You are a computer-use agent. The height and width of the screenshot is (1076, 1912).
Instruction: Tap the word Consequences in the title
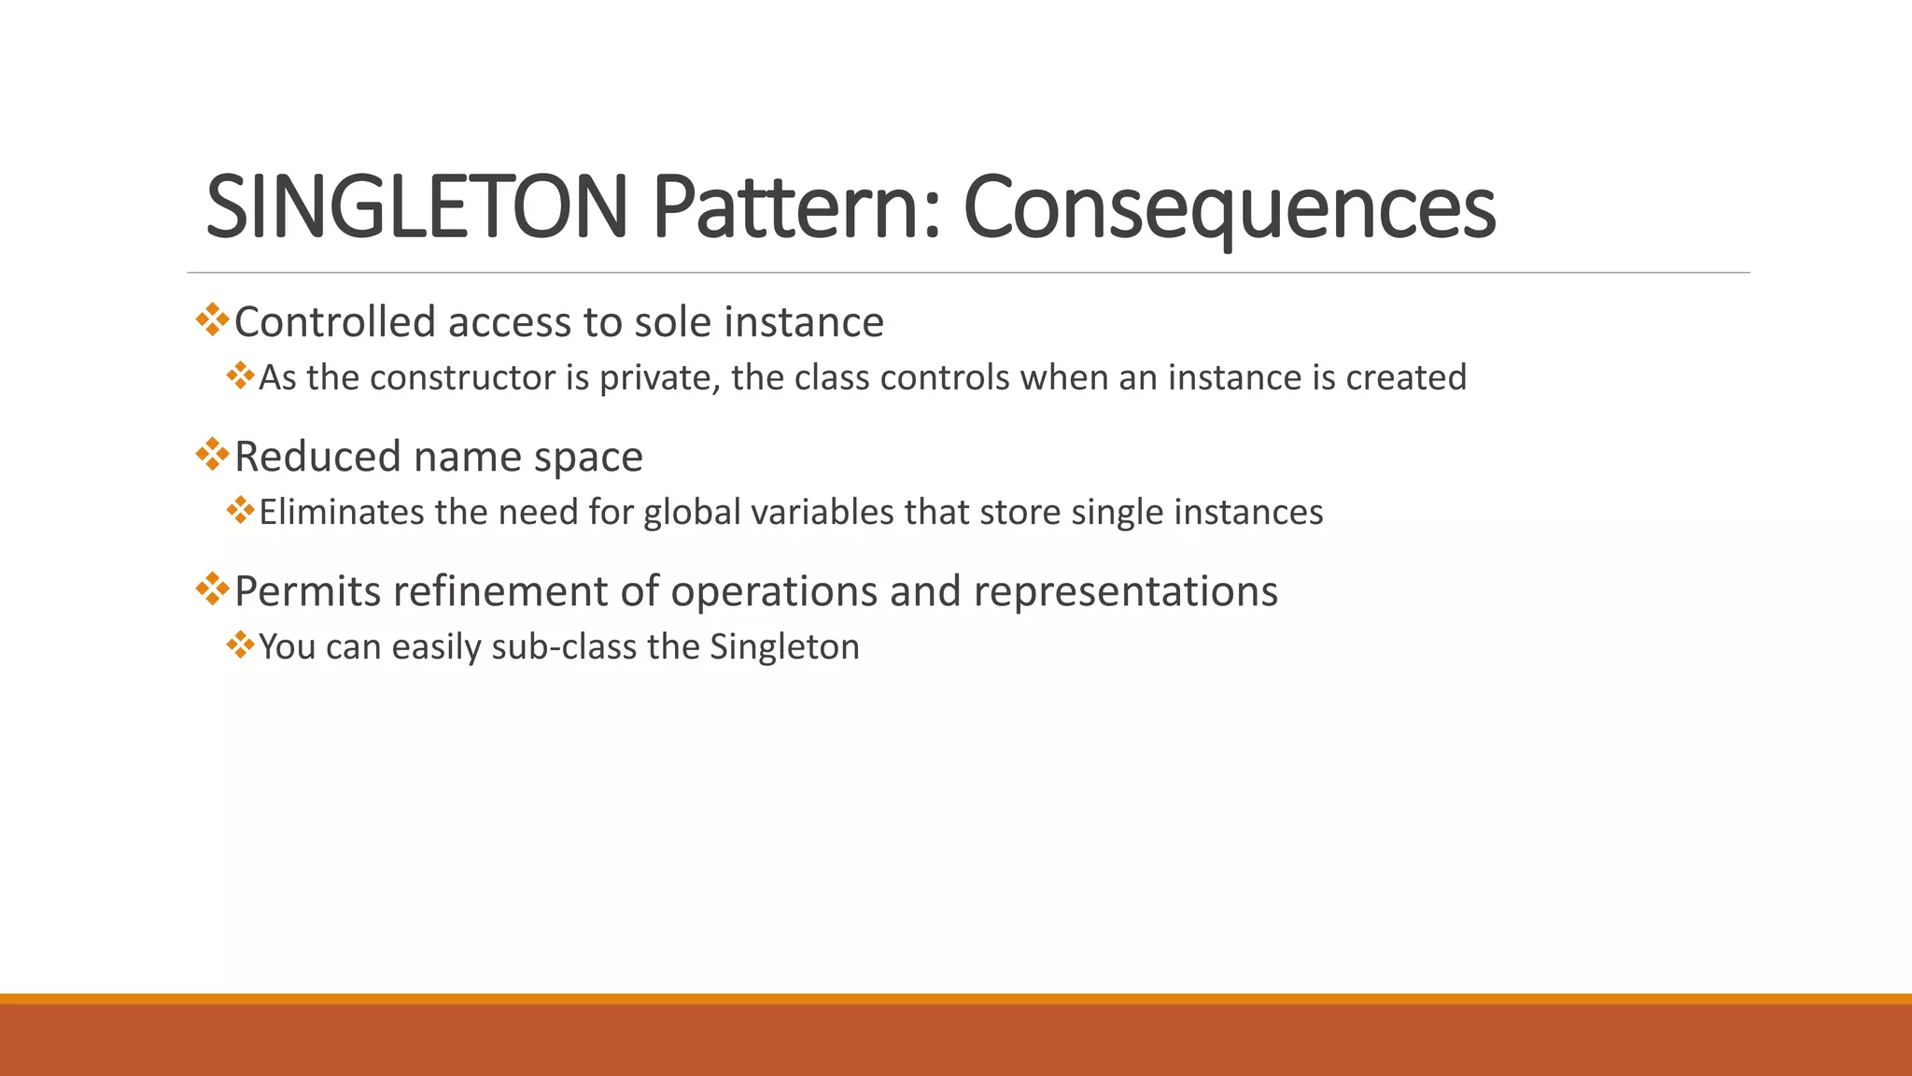click(1229, 207)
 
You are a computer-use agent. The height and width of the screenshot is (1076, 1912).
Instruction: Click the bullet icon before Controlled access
click(213, 320)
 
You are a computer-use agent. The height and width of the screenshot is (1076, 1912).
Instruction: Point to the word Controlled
click(335, 322)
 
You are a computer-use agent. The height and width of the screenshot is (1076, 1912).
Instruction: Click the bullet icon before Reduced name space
click(213, 455)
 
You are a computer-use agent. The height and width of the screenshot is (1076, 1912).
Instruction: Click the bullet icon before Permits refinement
click(213, 589)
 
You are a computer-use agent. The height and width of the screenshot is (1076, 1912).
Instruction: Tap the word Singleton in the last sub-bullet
click(784, 647)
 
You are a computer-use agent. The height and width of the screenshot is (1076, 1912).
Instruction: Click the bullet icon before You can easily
click(240, 644)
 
